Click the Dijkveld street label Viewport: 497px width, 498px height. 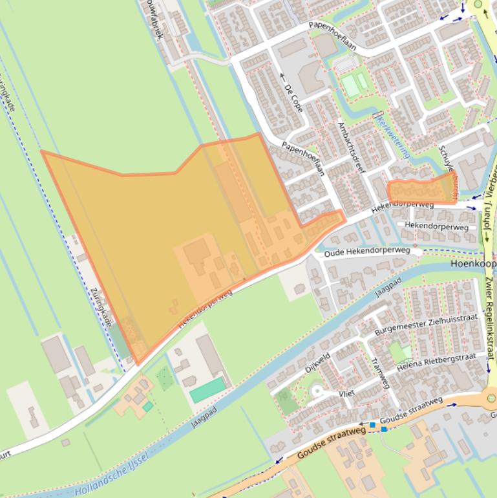[319, 364]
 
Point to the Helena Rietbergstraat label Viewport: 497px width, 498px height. [442, 364]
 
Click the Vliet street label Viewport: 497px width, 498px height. [348, 393]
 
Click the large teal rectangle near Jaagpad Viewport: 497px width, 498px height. [207, 391]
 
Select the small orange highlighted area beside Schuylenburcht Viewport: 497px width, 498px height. [420, 191]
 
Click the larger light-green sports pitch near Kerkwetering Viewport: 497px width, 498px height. [351, 85]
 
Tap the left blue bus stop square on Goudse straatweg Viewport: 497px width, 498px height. [372, 425]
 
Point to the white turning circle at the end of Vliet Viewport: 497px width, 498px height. [316, 391]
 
